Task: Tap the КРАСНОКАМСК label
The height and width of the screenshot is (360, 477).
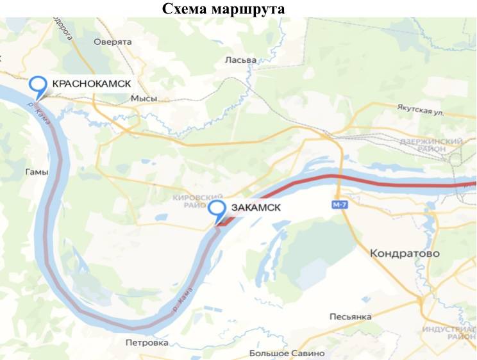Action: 91,84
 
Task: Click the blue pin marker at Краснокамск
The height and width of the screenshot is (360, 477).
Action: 38,86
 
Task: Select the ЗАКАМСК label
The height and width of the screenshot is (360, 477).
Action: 255,208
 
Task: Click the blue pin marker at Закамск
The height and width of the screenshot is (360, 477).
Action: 218,210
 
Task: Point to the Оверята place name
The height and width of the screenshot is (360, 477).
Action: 112,42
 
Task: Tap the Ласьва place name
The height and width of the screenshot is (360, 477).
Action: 240,60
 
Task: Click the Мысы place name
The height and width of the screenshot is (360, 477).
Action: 143,99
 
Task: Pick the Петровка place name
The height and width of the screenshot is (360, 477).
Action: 147,343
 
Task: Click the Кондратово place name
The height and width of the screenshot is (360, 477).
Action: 405,254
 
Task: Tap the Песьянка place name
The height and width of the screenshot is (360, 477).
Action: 350,317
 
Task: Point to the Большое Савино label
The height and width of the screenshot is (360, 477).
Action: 287,353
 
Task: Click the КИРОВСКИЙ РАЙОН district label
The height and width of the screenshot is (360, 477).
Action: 197,200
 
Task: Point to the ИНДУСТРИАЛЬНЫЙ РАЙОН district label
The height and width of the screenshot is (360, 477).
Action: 449,332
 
